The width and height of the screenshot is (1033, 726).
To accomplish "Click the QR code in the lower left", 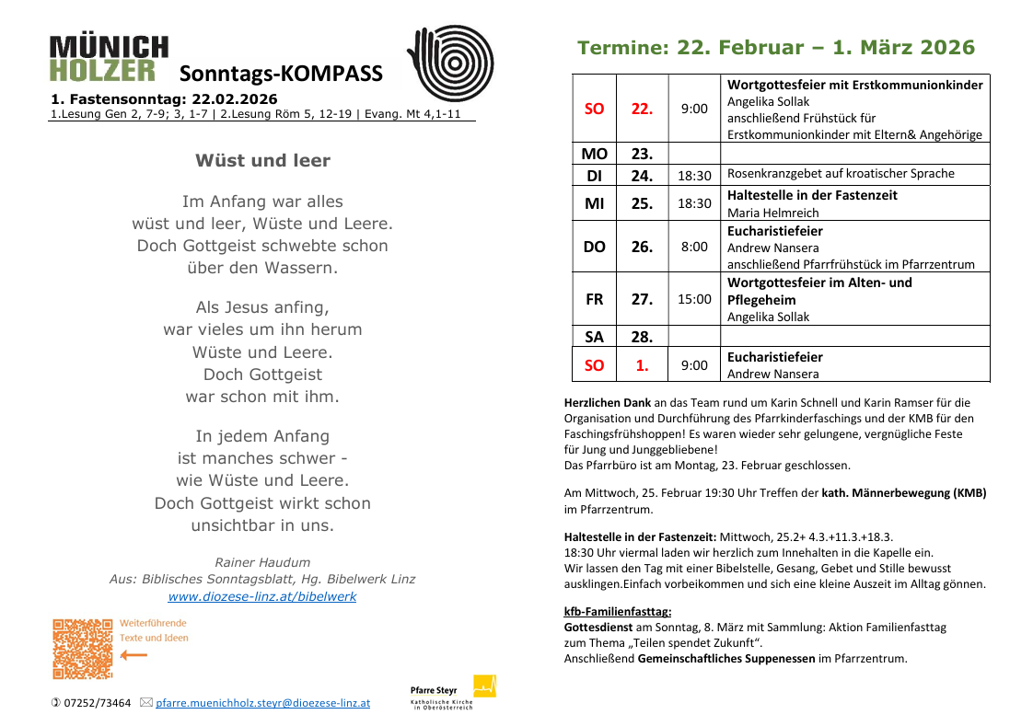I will [82, 649].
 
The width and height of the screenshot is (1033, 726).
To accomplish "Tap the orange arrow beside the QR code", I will [133, 655].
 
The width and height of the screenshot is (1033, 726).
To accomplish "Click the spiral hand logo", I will [450, 63].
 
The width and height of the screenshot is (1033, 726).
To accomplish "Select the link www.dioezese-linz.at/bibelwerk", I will [261, 596].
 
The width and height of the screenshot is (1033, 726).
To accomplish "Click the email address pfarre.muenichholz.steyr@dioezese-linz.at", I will [262, 702].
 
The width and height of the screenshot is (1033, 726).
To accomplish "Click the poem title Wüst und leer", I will [262, 160].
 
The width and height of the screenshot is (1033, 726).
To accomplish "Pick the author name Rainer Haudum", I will [262, 561].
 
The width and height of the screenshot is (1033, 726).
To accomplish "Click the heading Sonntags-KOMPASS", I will [281, 75].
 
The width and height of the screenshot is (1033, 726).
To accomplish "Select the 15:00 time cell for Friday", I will [694, 299].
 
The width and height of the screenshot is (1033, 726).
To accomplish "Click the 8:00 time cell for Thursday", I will [694, 247].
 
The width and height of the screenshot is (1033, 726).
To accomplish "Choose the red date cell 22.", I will [642, 109].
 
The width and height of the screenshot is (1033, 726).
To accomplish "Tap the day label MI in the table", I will [594, 203].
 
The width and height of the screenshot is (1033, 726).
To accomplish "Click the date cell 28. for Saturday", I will [642, 337].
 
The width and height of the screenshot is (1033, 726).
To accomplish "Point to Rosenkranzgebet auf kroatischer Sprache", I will [841, 174].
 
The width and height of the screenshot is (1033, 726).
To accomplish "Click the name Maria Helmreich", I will [772, 213].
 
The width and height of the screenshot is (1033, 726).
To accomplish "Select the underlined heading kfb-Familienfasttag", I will [617, 611].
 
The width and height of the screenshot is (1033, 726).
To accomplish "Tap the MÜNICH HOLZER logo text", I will [109, 59].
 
